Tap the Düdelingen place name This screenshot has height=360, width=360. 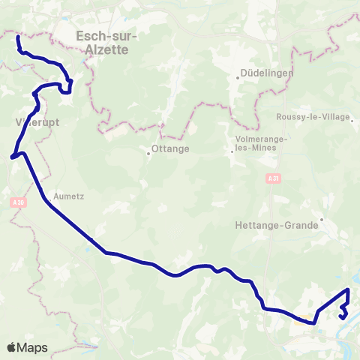tap(266, 74)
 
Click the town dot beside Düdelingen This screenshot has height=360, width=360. tap(237, 75)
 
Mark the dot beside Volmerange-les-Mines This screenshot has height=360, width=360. tap(232, 148)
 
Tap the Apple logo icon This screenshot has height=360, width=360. tap(12, 347)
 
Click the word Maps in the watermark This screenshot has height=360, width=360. tap(32, 347)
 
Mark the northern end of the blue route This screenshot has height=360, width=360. tap(17, 35)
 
